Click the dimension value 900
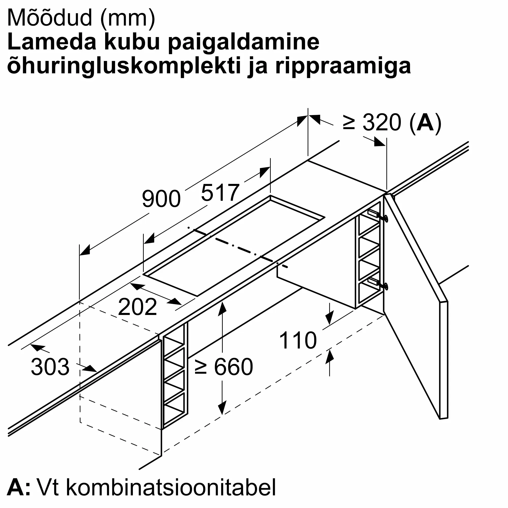(161, 199)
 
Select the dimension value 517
(220, 193)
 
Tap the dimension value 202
(137, 307)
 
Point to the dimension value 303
(50, 367)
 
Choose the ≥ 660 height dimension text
(224, 367)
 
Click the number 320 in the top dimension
(382, 122)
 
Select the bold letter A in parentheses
(425, 122)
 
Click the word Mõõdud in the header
(50, 18)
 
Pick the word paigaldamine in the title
(244, 43)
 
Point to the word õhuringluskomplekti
(124, 66)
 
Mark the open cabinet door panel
(416, 302)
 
